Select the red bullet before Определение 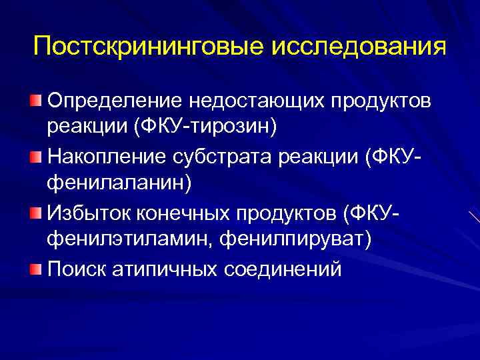[x=35, y=101]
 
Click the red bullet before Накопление [x=35, y=157]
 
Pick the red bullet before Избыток [x=35, y=213]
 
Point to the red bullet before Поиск [x=35, y=269]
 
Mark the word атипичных [x=169, y=269]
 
